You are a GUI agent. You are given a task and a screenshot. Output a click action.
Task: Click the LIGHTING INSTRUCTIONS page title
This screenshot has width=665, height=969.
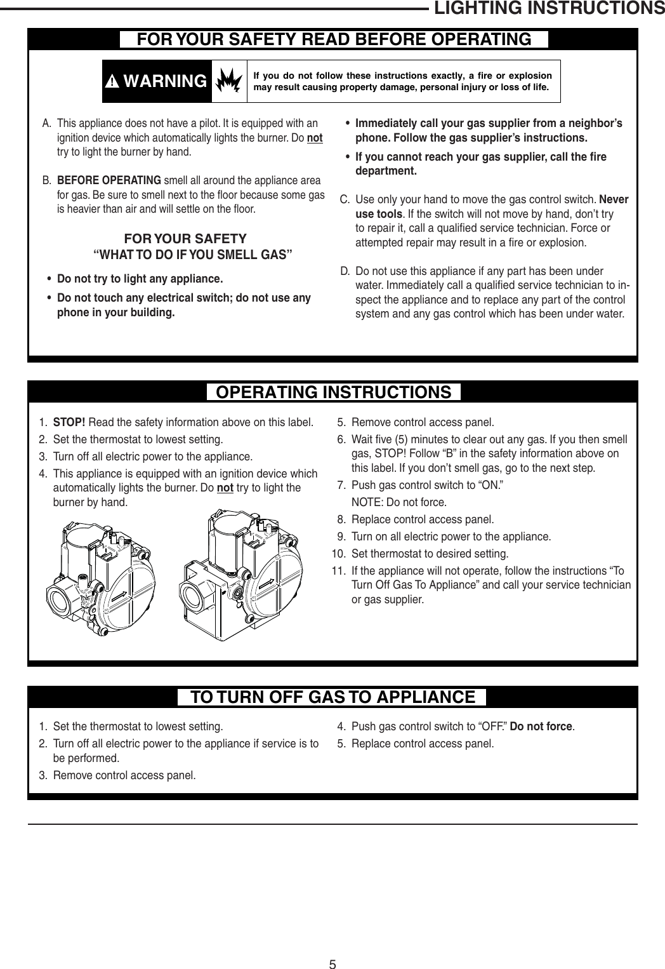tap(548, 9)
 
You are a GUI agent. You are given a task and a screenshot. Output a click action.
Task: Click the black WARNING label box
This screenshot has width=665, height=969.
tap(157, 81)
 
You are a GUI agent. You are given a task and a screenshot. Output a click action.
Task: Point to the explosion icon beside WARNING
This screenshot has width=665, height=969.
tap(229, 81)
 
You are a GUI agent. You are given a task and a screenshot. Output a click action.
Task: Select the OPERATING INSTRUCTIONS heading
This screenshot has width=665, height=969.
tap(334, 392)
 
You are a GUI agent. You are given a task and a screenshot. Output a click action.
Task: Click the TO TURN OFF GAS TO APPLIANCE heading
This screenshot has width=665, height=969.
tap(333, 697)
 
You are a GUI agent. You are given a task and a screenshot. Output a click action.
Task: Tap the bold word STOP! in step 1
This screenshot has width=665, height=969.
tap(69, 423)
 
